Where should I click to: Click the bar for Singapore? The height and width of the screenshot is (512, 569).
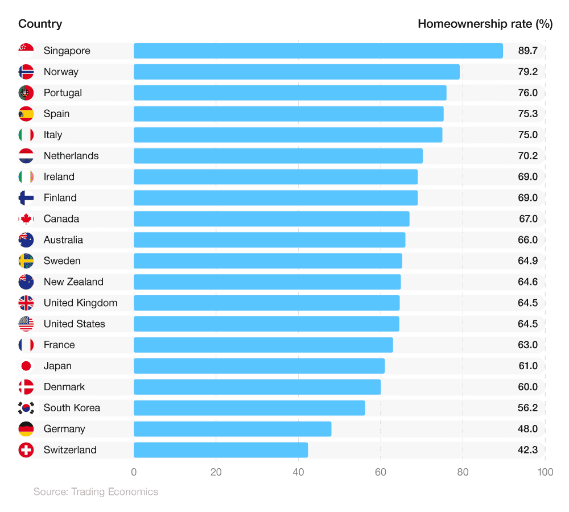point(318,51)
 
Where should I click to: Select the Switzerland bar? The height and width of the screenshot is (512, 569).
point(221,450)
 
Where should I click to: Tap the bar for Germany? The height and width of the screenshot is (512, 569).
point(232,429)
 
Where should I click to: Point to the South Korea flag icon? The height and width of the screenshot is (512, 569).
point(26,408)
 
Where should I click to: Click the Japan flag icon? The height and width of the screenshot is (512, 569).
point(26,366)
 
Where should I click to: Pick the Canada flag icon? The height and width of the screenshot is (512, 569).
point(26,219)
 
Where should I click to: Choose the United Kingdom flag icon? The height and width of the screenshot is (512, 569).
point(26,303)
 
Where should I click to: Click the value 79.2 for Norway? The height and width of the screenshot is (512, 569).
point(527,72)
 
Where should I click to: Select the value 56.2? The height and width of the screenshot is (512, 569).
point(527,408)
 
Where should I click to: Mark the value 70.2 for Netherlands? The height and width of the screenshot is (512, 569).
point(527,156)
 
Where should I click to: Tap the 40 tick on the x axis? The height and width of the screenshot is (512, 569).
point(298,472)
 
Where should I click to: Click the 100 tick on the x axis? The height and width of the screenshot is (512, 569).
point(545,472)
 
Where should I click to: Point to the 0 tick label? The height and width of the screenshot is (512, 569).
point(134,472)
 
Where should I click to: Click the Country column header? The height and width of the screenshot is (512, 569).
point(40,24)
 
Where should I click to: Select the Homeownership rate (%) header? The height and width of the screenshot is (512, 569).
point(485,24)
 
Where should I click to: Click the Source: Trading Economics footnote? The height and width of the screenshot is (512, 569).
point(96,492)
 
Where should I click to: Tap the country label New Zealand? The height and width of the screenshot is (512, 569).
point(73,282)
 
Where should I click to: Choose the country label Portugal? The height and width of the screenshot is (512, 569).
point(63,93)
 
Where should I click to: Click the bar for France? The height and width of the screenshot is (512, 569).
point(263,345)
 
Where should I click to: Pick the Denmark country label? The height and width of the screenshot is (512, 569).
point(64,387)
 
